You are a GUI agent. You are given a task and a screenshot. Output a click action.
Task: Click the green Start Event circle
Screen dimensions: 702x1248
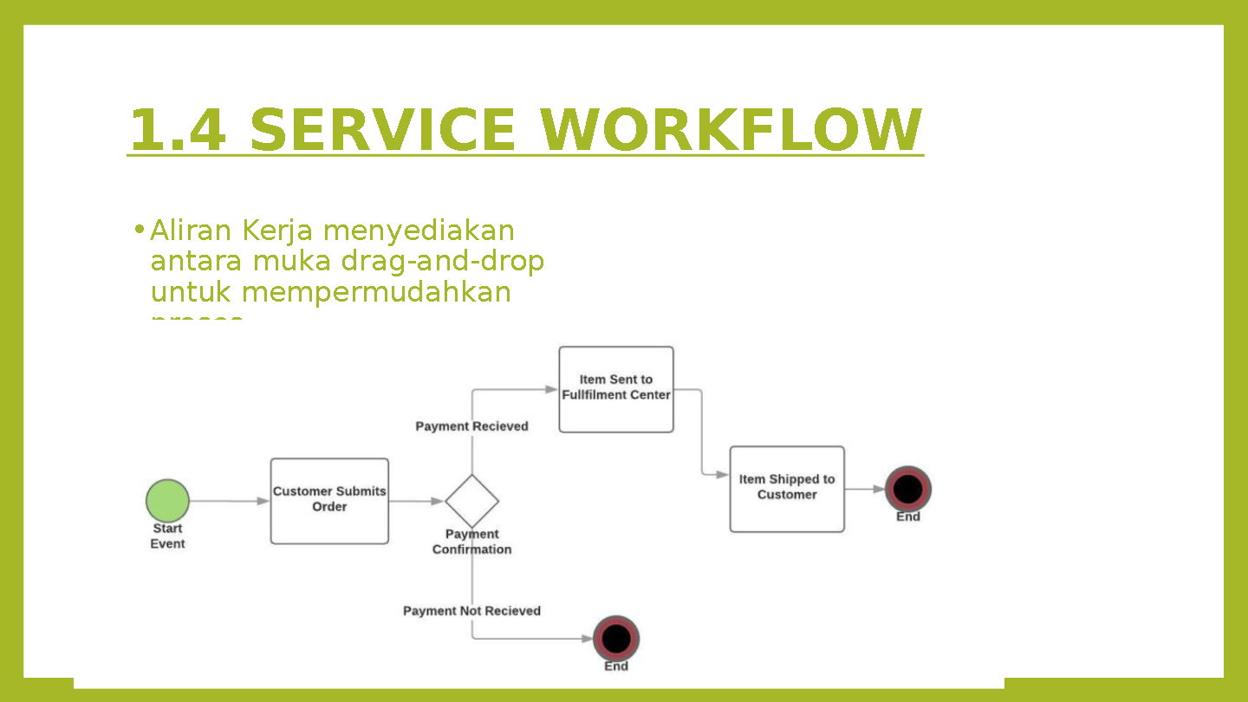[x=167, y=501]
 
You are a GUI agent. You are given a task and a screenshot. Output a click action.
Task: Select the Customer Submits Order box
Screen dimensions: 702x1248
[x=329, y=501]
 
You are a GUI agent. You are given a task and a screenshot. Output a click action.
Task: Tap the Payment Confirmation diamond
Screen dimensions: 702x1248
[x=472, y=501]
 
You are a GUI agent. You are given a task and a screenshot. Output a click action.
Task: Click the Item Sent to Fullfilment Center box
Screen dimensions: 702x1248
[x=616, y=389]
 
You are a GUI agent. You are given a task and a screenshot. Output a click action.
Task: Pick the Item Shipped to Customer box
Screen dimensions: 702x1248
[x=787, y=489]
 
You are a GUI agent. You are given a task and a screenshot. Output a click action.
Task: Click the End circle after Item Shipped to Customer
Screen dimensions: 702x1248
[x=907, y=489]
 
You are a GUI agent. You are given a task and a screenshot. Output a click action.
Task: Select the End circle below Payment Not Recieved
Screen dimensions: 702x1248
[x=616, y=639]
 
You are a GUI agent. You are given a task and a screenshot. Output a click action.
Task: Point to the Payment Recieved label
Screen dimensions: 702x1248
[x=471, y=426]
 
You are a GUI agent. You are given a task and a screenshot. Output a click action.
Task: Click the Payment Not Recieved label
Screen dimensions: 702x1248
[x=471, y=611]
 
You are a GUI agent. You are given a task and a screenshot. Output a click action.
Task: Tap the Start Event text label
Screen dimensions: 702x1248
[x=167, y=536]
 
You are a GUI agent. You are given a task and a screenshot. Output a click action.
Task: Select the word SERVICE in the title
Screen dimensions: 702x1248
[x=381, y=130]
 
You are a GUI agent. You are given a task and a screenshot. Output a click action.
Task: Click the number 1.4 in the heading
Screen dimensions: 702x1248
[x=178, y=130]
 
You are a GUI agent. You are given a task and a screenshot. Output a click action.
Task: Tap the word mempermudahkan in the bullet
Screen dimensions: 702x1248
[x=376, y=292]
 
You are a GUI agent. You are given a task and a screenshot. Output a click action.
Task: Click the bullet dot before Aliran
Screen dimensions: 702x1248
[x=138, y=231]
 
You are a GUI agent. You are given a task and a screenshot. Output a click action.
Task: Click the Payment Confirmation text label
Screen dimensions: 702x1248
[x=472, y=542]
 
